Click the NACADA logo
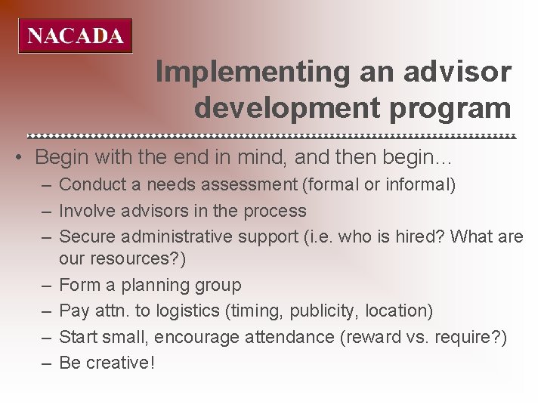tap(75, 36)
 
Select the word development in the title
tap(290, 108)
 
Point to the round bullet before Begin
tap(26, 158)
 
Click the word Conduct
tap(90, 184)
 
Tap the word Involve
tap(85, 210)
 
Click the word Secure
tap(85, 236)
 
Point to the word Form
tap(76, 285)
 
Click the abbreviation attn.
tap(110, 311)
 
